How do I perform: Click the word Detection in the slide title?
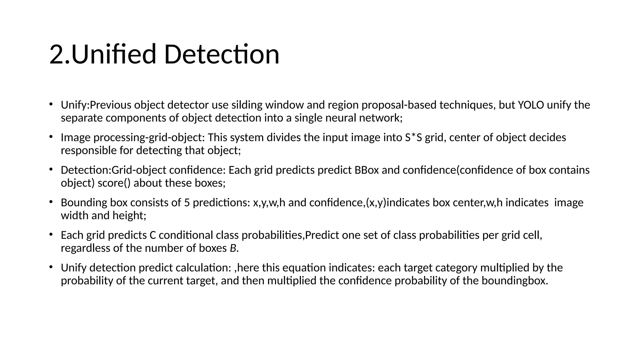click(222, 54)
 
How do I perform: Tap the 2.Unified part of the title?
click(102, 54)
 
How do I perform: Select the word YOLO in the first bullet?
click(531, 105)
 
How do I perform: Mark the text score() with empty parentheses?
click(114, 183)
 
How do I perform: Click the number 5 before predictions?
click(187, 202)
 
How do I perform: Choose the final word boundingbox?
click(514, 281)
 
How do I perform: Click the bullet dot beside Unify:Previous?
click(51, 104)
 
